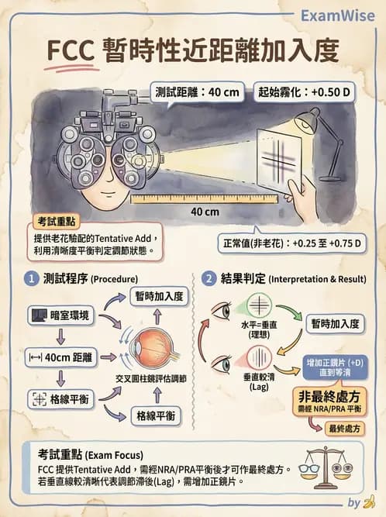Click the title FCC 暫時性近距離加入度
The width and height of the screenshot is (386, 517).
[x=192, y=50]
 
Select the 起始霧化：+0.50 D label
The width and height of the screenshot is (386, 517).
[x=305, y=91]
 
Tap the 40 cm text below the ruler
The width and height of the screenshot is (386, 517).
[x=205, y=211]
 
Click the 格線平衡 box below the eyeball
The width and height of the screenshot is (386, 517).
[x=155, y=415]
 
